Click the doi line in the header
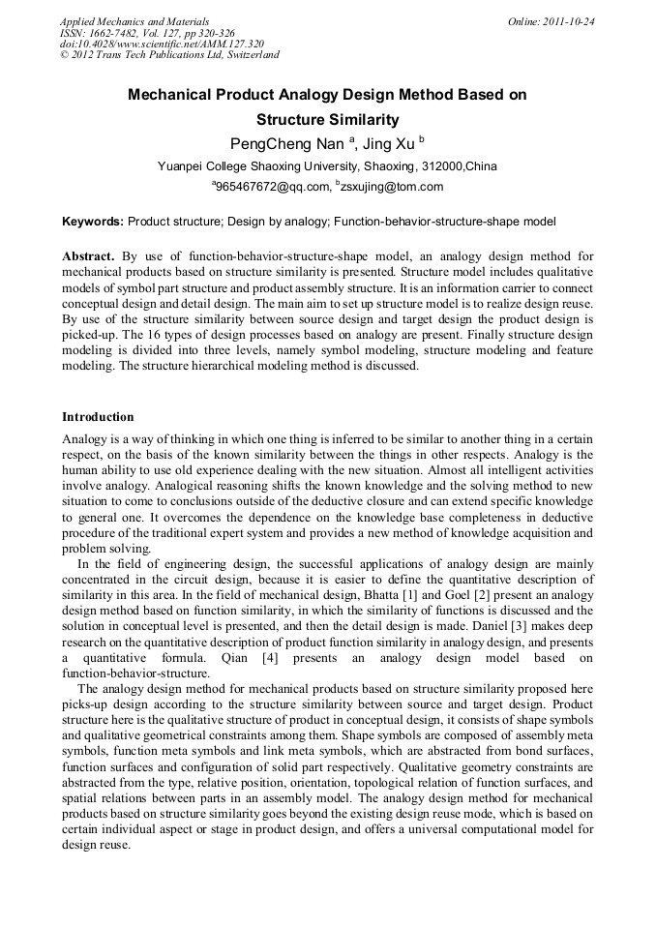tap(162, 44)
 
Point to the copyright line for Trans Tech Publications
tap(169, 55)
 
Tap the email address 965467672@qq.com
tap(270, 187)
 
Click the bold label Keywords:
tap(93, 222)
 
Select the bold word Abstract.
tap(88, 256)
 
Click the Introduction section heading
tap(98, 417)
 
